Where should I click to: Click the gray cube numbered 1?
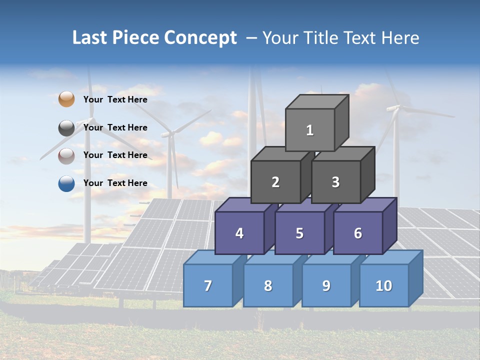[x=310, y=130]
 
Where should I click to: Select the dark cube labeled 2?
[x=275, y=182]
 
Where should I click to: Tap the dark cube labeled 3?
[x=335, y=182]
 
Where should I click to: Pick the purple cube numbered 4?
[x=239, y=233]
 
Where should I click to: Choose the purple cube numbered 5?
[x=299, y=233]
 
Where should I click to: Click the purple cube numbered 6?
[x=358, y=233]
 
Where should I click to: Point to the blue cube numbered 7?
[x=208, y=285]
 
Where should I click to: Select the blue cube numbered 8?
[x=268, y=285]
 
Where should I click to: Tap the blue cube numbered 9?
[x=326, y=285]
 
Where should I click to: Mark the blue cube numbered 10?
[x=383, y=285]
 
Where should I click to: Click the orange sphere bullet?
[x=66, y=99]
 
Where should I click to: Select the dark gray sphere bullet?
[x=66, y=127]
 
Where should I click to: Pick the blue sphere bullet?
[x=66, y=183]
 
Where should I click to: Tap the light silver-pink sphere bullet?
[x=66, y=155]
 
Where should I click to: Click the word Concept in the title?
[x=200, y=38]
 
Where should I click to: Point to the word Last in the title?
[x=91, y=38]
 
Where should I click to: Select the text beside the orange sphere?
[x=115, y=99]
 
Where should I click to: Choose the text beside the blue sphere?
[x=115, y=183]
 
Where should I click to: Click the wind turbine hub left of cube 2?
[x=170, y=133]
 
